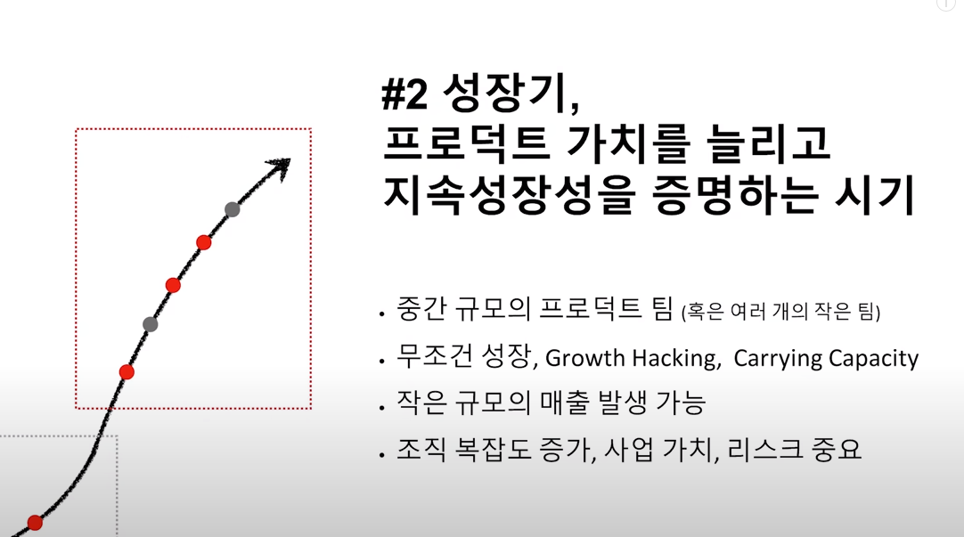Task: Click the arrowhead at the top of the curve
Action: pyautogui.click(x=281, y=167)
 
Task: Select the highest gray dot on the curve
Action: pyautogui.click(x=232, y=209)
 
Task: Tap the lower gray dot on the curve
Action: pyautogui.click(x=150, y=324)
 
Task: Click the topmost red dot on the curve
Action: pyautogui.click(x=204, y=243)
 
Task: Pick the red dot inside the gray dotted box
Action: pyautogui.click(x=35, y=523)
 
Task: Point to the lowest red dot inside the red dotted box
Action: pyautogui.click(x=127, y=371)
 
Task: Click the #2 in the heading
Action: pyautogui.click(x=404, y=95)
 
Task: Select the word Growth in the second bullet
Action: pyautogui.click(x=584, y=358)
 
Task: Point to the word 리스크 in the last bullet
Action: pyautogui.click(x=764, y=449)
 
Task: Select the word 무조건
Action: pyautogui.click(x=435, y=355)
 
